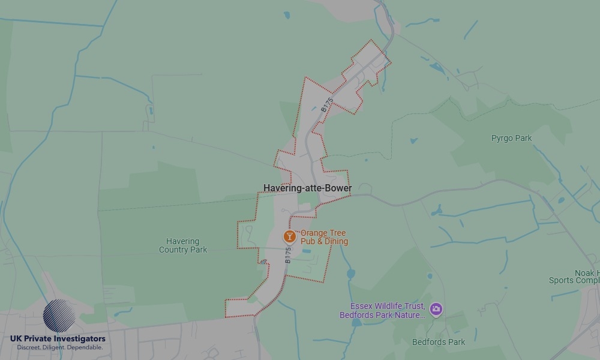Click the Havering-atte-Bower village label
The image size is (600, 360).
[x=307, y=188]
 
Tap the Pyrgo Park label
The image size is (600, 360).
[x=511, y=138]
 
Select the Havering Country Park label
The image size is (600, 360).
[x=183, y=245]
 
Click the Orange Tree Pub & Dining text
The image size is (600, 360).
[x=324, y=237]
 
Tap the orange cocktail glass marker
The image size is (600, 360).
[x=289, y=236]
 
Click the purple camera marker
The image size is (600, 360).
[x=436, y=310]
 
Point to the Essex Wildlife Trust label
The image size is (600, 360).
[x=382, y=306]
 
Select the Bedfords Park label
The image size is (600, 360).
[x=439, y=342]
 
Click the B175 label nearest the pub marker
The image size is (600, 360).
[x=288, y=257]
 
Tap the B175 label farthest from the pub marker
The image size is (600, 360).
[x=326, y=105]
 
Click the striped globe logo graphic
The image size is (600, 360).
[x=59, y=316]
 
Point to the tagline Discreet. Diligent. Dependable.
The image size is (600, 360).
[x=59, y=347]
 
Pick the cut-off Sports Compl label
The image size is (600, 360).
[x=574, y=280]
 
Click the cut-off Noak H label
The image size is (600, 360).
[x=587, y=273]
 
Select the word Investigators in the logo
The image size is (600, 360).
[x=78, y=339]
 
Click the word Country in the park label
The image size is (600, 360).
[x=174, y=250]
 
